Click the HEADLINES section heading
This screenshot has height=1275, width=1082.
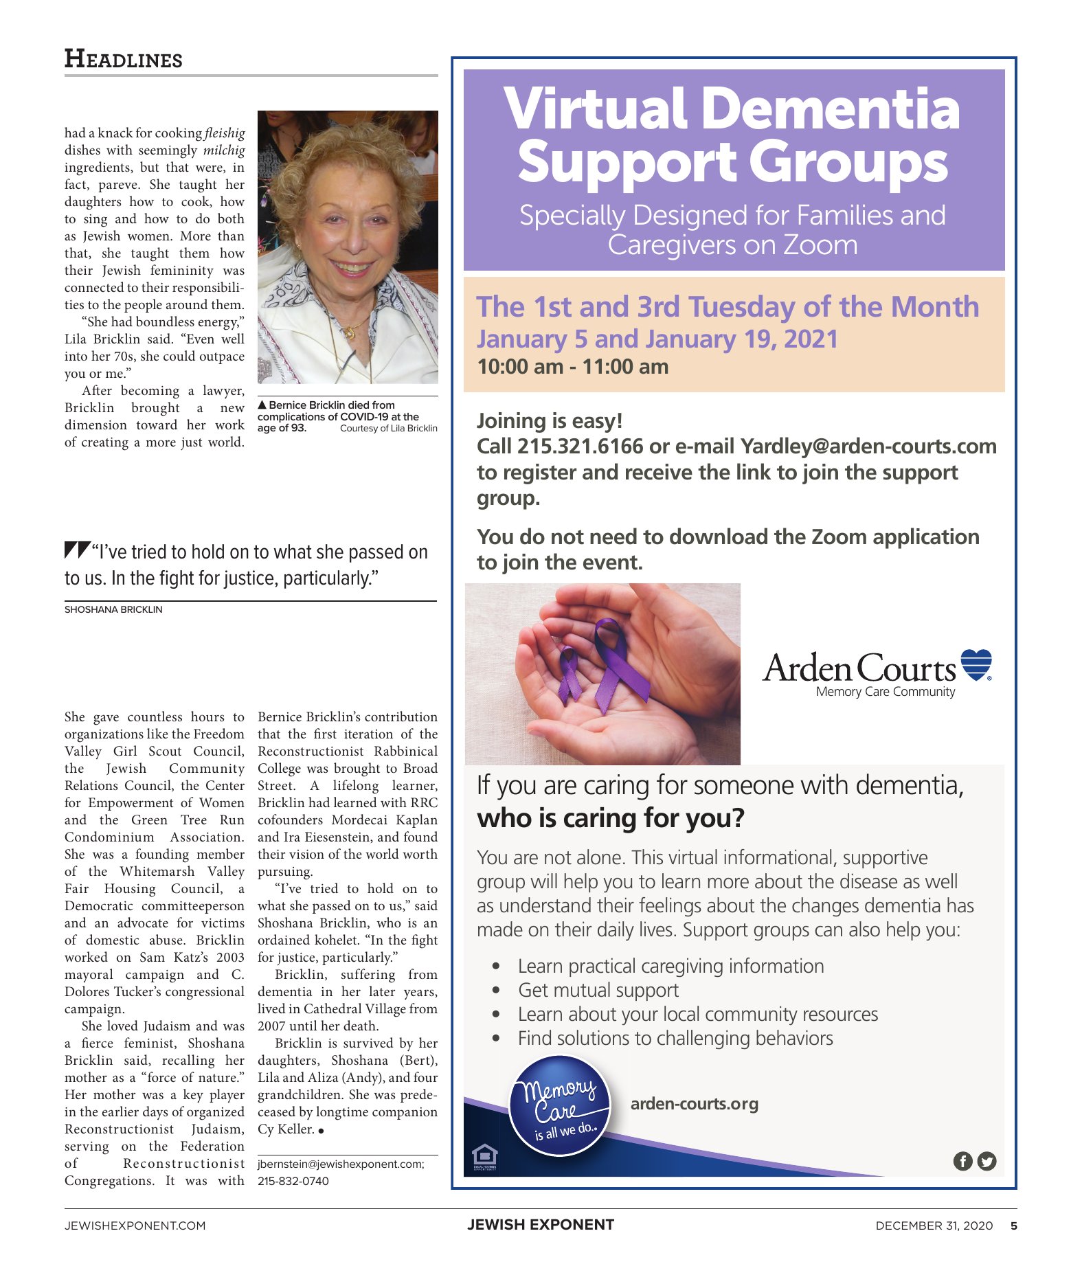point(124,59)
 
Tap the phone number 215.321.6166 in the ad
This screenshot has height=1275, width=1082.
point(580,447)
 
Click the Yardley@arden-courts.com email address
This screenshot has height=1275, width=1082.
point(868,447)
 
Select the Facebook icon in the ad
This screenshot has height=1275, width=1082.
point(963,1161)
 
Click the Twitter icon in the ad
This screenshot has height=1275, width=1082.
point(987,1161)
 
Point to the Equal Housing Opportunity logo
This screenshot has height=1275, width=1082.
point(485,1156)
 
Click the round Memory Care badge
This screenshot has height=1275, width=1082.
point(559,1106)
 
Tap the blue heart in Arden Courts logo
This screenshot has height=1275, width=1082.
point(976,664)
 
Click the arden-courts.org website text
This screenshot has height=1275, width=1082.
point(694,1104)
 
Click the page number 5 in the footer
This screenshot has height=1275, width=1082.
point(1014,1226)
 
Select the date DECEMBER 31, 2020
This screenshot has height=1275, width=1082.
point(934,1226)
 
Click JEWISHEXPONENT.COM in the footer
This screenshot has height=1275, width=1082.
point(135,1226)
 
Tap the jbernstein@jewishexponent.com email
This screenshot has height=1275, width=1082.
point(341,1164)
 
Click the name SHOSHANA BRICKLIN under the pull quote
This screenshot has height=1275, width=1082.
point(113,609)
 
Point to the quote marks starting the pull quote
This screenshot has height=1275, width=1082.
point(77,550)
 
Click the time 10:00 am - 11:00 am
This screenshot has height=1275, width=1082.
point(573,366)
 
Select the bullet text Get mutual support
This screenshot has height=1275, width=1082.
point(598,990)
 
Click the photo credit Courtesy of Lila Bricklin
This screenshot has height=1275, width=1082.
point(388,429)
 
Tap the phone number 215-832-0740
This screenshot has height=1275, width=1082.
point(293,1181)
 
